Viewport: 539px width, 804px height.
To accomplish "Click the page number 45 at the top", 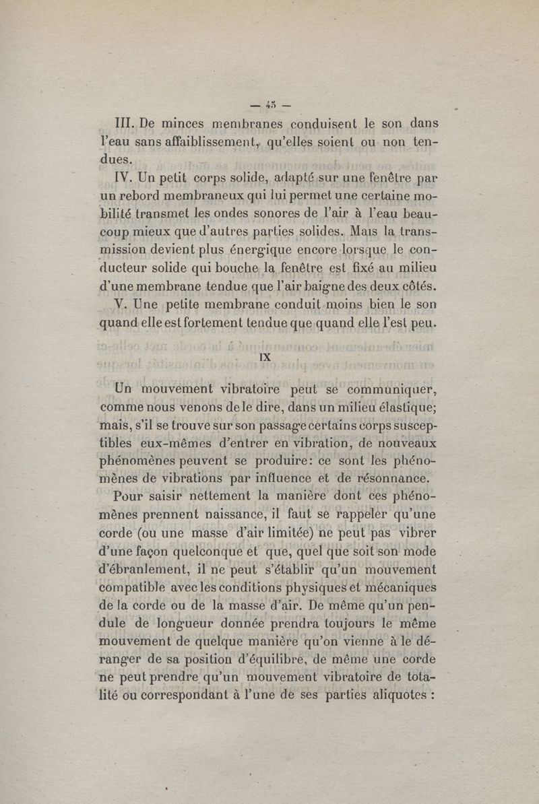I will [270, 104].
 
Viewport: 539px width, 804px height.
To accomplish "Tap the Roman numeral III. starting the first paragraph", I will [127, 125].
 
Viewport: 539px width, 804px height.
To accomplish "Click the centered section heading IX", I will [265, 357].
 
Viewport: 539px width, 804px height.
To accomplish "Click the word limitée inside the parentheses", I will [277, 535].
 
